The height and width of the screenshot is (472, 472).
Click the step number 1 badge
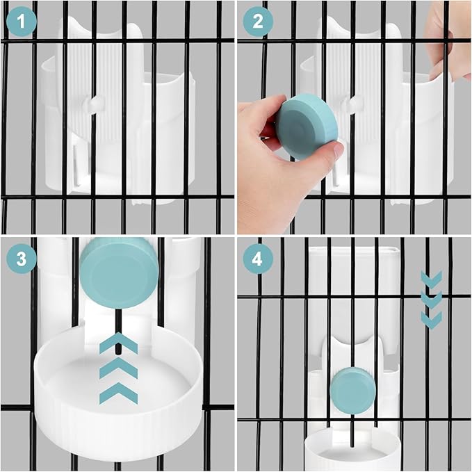[21, 22]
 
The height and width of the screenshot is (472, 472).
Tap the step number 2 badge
[258, 22]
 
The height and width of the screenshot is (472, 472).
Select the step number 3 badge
[22, 259]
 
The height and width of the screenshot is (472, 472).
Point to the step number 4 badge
[258, 259]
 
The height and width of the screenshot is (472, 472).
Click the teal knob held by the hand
[307, 126]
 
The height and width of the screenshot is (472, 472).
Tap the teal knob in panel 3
[120, 272]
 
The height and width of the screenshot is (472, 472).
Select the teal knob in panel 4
[353, 391]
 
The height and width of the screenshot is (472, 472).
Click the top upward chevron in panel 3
[119, 343]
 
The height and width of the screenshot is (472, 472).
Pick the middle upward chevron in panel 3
[119, 368]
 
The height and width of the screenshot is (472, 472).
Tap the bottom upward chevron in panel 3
[119, 393]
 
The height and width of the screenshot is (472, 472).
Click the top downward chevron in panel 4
[432, 279]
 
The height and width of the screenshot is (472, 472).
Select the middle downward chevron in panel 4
[432, 300]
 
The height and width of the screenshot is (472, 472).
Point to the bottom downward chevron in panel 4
[432, 320]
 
